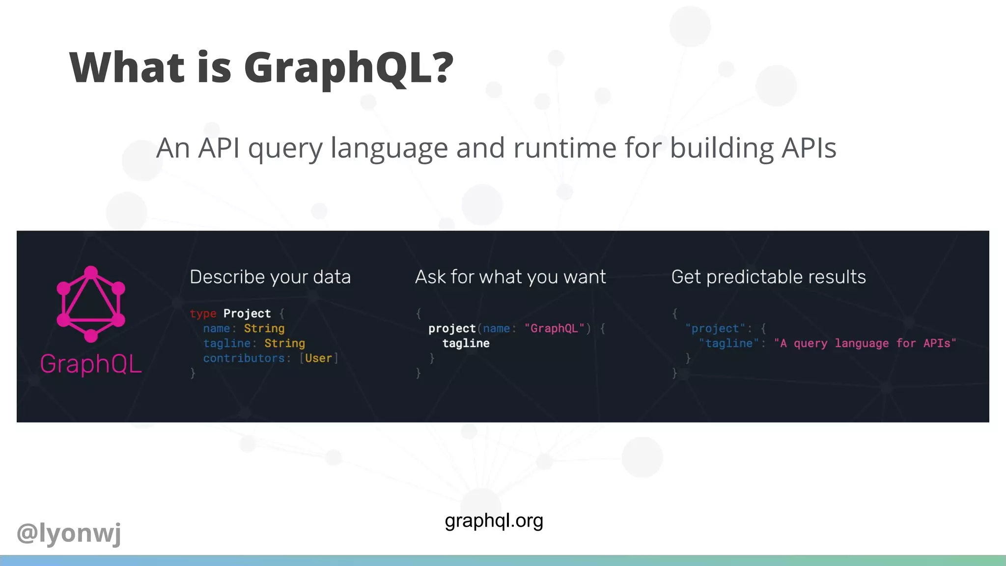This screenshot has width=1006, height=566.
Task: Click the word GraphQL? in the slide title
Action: point(348,68)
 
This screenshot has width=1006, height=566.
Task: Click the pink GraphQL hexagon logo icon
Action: point(91,304)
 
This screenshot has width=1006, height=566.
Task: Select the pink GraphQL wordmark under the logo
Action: point(91,364)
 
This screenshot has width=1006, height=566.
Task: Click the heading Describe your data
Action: point(270,277)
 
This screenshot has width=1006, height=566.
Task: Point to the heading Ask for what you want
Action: point(510,277)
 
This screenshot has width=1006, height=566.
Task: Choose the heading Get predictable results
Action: point(768,277)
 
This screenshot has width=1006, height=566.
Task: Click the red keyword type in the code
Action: point(203,313)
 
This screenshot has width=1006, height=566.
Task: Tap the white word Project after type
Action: point(247,313)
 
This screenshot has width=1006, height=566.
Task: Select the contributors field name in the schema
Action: point(244,358)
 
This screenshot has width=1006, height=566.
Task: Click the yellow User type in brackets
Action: point(318,358)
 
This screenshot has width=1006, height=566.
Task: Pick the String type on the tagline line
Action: point(284,343)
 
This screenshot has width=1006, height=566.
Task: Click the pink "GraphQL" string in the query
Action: point(554,328)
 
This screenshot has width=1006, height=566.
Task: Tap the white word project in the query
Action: point(451,328)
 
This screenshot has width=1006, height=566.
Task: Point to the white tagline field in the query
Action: point(466,343)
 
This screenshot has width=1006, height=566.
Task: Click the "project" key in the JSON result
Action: point(715,328)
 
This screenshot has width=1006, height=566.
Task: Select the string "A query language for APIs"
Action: point(865,343)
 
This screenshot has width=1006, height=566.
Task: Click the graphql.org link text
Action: point(494,520)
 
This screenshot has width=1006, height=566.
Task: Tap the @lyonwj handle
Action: point(69,533)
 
